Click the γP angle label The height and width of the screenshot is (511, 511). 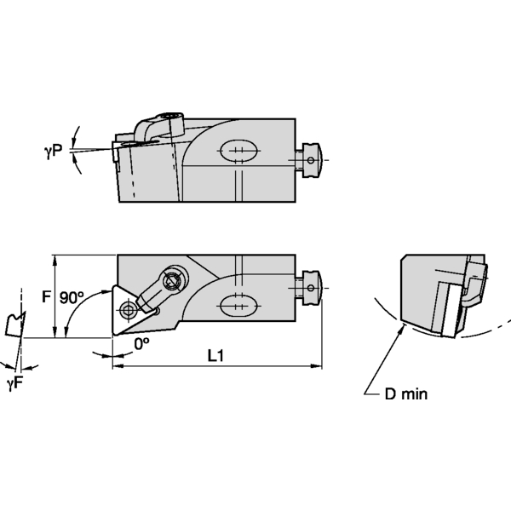[54, 152]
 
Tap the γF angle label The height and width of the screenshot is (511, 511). [14, 385]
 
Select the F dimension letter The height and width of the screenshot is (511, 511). [47, 298]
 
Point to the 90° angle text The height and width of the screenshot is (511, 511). [72, 298]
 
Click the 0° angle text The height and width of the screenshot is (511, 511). [141, 342]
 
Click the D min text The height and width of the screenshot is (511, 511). [405, 393]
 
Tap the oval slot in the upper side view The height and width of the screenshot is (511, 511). [238, 152]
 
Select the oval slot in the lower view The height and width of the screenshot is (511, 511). [238, 303]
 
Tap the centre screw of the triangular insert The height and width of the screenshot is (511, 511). [128, 307]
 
